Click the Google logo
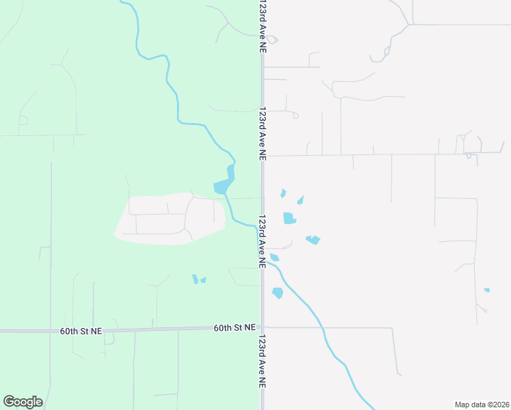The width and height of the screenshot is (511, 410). pos(23,402)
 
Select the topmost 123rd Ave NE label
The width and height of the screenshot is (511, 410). pos(262,27)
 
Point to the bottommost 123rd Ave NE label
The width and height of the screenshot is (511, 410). pos(262,362)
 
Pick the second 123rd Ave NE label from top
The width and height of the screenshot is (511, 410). pos(262,133)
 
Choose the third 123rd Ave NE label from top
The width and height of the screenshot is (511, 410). pos(262,242)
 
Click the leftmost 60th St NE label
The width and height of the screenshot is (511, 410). pos(81,331)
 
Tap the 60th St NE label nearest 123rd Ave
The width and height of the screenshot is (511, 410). pos(234,328)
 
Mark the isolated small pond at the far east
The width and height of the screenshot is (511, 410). pos(486,290)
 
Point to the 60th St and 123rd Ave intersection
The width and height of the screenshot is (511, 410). pos(262,328)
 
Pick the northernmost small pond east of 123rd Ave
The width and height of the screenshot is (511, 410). pos(283,193)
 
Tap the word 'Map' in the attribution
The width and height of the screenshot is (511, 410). pos(462,405)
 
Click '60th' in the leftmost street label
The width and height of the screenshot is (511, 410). pos(68,331)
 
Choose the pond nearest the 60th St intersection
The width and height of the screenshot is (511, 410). pos(277,293)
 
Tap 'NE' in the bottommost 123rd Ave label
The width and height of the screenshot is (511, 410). pos(262,383)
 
